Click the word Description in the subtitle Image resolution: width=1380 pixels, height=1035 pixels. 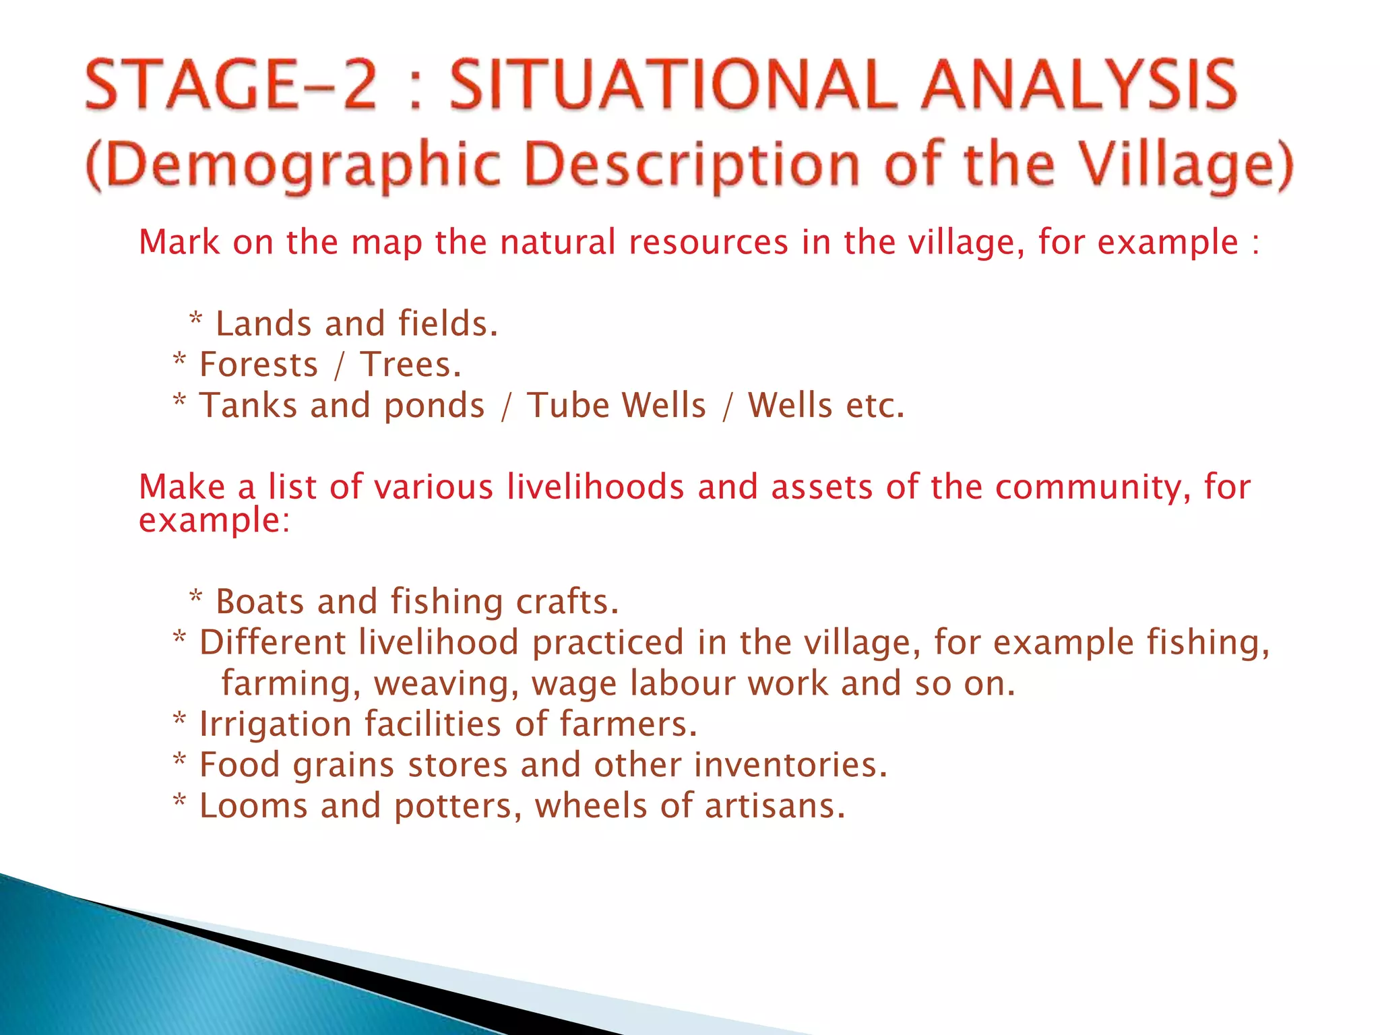[693, 166]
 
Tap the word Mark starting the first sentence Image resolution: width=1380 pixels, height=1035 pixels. [179, 242]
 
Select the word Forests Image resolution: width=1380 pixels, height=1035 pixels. [259, 365]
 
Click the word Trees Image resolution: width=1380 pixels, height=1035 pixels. [410, 365]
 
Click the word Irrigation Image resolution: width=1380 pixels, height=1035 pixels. [276, 725]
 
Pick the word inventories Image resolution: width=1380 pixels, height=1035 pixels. [790, 765]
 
